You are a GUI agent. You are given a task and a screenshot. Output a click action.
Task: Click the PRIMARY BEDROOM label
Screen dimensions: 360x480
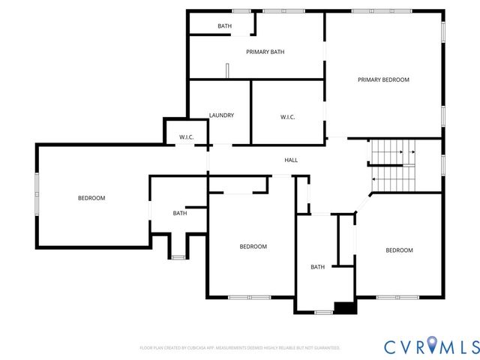pyautogui.click(x=383, y=79)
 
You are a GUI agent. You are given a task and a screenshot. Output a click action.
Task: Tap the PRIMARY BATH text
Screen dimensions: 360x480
pyautogui.click(x=265, y=52)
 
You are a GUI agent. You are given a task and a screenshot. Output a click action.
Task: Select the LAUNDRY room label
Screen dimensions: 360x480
pyautogui.click(x=221, y=115)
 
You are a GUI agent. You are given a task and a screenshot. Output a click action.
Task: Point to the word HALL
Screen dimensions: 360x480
pyautogui.click(x=291, y=160)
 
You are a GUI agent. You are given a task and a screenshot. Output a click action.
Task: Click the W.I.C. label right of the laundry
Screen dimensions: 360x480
pyautogui.click(x=287, y=116)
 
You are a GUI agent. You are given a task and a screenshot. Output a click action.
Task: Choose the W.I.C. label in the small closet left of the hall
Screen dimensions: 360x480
pyautogui.click(x=187, y=136)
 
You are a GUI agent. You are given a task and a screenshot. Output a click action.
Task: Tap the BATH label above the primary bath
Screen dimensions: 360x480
pyautogui.click(x=225, y=26)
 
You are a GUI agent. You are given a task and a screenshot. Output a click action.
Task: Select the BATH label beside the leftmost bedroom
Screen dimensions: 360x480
pyautogui.click(x=180, y=213)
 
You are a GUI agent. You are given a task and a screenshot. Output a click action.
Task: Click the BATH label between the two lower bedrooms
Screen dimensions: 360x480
pyautogui.click(x=318, y=266)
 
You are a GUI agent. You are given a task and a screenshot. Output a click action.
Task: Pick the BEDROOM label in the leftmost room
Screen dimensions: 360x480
pyautogui.click(x=91, y=198)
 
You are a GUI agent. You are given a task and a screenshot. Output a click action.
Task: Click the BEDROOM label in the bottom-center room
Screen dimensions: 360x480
pyautogui.click(x=253, y=247)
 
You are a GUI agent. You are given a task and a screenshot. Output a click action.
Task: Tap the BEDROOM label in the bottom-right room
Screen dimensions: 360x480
pyautogui.click(x=399, y=250)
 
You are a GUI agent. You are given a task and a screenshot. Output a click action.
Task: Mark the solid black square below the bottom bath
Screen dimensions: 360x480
pyautogui.click(x=345, y=307)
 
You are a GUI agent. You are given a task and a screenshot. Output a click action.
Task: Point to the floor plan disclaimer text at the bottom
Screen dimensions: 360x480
pyautogui.click(x=240, y=348)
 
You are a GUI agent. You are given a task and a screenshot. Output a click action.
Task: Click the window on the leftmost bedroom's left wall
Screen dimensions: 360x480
pyautogui.click(x=37, y=194)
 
